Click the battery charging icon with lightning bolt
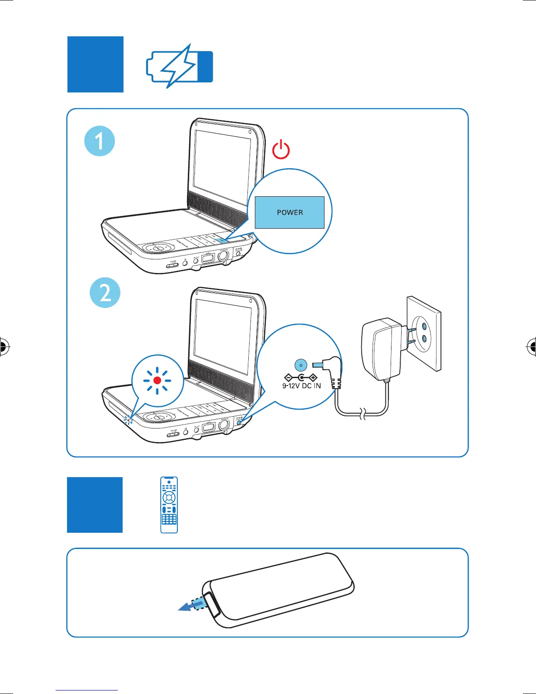179,67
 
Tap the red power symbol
281,150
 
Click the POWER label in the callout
290,212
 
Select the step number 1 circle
99,141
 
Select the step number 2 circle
105,292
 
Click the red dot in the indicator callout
157,380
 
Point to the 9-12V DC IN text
301,386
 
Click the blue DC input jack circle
301,365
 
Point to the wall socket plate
423,333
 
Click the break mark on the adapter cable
362,413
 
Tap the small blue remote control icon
169,505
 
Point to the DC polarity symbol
301,377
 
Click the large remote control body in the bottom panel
280,589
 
